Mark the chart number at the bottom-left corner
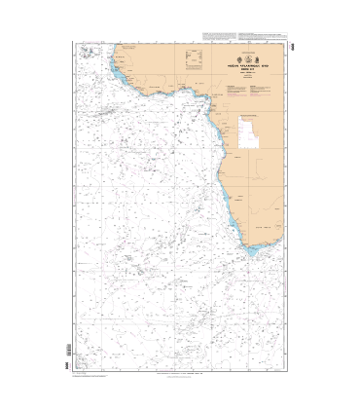click(x=66, y=353)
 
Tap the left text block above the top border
click(x=218, y=36)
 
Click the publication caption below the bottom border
click(x=180, y=374)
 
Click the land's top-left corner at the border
click(x=116, y=44)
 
